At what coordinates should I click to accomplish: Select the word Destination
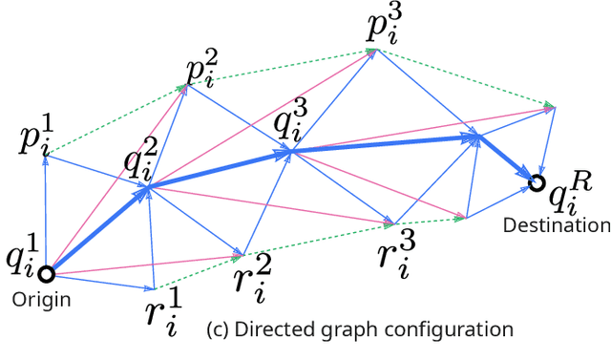pos(557,226)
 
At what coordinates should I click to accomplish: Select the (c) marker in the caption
pos(218,330)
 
